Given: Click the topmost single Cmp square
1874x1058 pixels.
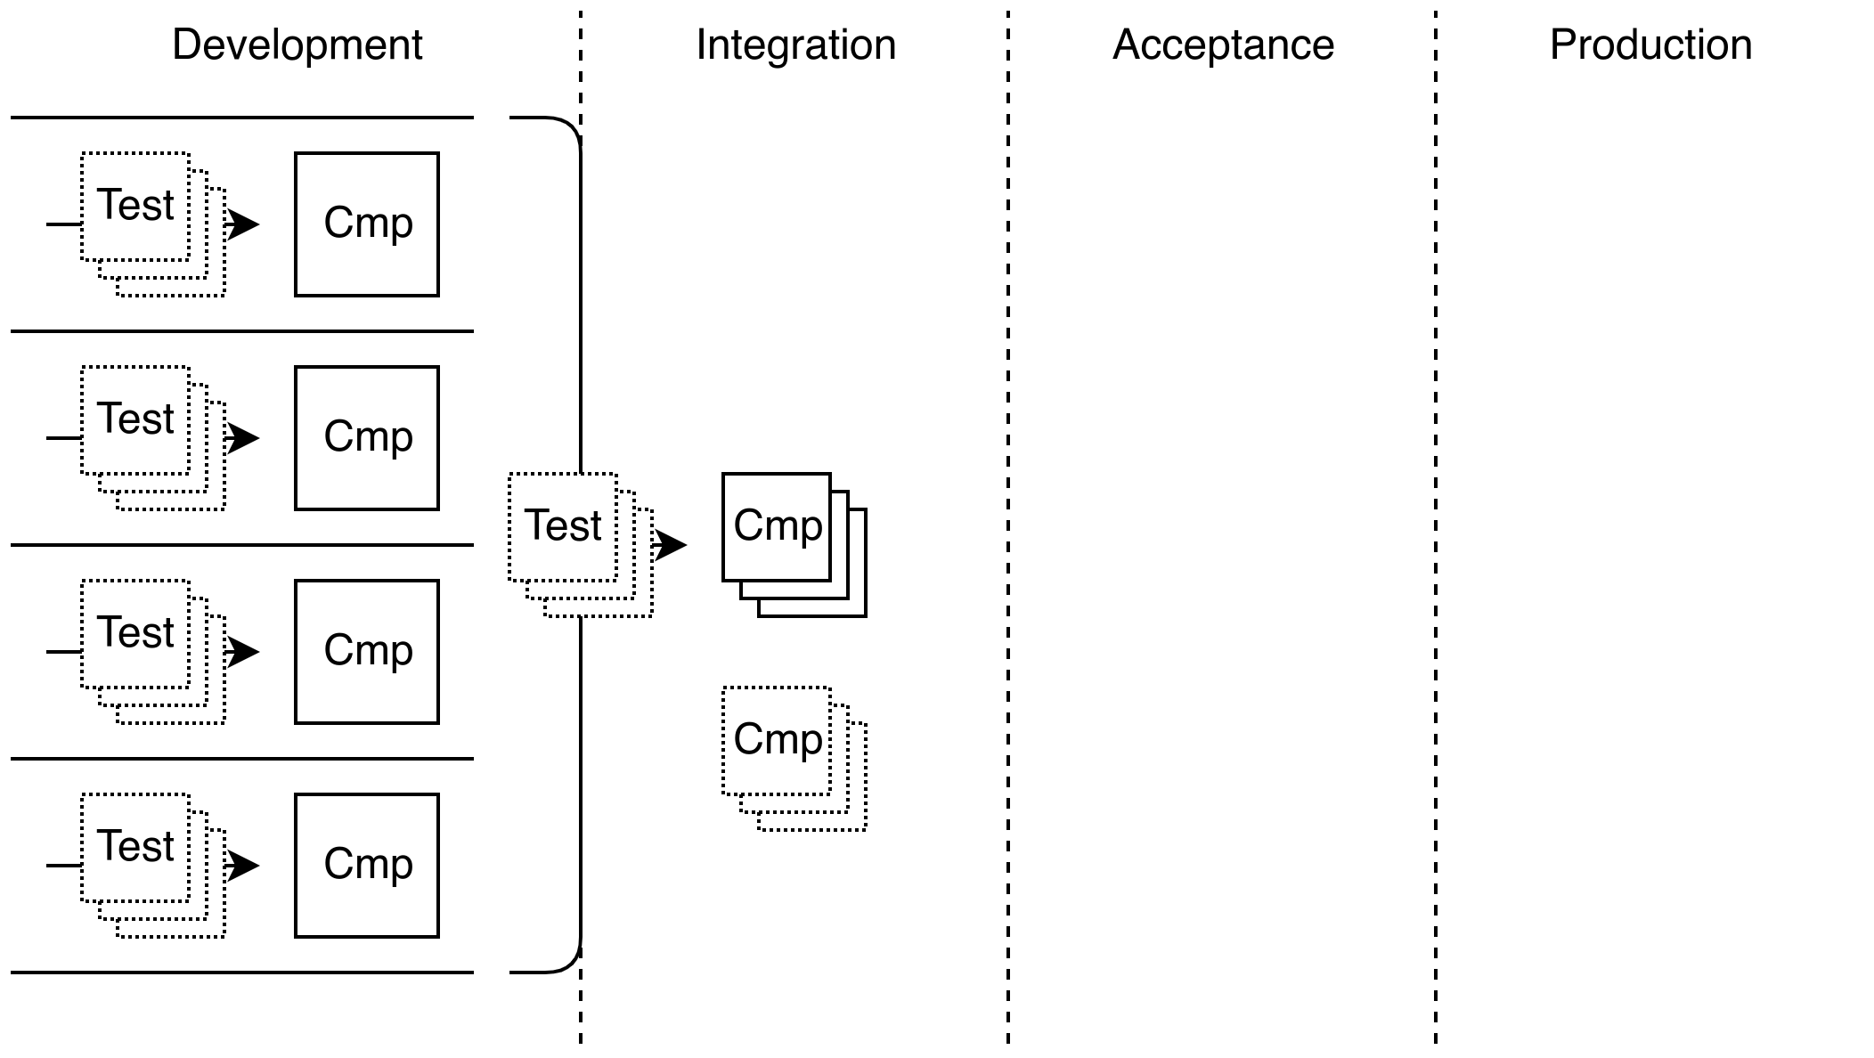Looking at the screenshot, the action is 367,224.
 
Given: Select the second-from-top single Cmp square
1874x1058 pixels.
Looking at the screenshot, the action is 367,438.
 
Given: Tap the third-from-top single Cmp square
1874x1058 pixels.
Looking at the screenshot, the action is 367,652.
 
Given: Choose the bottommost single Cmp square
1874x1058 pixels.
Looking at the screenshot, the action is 367,866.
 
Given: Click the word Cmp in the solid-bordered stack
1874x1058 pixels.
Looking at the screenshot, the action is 778,525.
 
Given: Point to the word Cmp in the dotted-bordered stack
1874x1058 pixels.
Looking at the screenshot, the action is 778,739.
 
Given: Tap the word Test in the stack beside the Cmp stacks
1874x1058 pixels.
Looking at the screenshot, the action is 563,525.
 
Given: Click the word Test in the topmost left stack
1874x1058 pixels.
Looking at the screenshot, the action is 135,205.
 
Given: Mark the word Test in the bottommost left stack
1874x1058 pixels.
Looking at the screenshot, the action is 135,846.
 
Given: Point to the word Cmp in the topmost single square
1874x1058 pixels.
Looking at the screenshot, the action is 368,223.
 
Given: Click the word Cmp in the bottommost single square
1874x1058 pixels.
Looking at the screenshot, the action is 368,864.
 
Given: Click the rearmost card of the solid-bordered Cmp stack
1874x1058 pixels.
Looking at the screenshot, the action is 856,606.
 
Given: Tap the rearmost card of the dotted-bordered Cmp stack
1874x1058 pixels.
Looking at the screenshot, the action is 856,820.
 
